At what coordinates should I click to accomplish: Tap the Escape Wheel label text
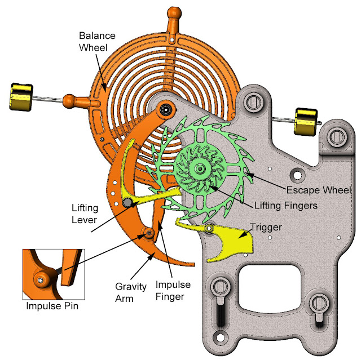319,190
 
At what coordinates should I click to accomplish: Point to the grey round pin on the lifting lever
128,202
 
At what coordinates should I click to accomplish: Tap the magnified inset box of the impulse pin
54,273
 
